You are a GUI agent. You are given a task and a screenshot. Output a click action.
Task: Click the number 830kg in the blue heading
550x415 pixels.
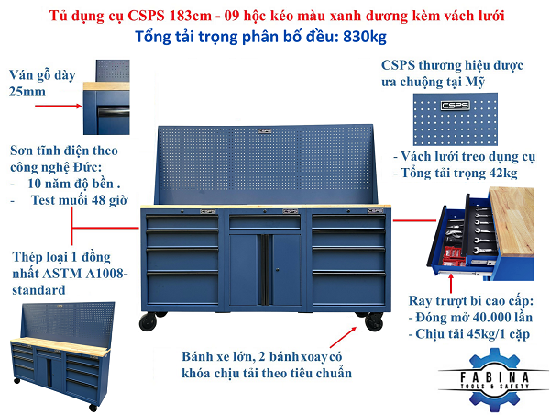tap(365, 38)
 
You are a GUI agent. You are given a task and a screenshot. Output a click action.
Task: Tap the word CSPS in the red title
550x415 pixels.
tap(147, 16)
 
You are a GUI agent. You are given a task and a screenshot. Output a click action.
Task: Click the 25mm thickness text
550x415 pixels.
tap(27, 92)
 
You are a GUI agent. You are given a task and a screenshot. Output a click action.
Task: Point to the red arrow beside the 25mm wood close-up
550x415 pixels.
tap(58, 106)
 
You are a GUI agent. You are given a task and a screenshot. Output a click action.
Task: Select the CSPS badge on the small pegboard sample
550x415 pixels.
tap(455, 105)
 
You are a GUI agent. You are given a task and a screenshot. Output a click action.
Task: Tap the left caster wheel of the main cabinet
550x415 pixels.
tap(148, 322)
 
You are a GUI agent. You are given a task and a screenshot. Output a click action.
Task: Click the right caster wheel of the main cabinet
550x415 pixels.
tap(374, 321)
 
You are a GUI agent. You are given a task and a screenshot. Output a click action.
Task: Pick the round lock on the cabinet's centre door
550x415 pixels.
tap(278, 270)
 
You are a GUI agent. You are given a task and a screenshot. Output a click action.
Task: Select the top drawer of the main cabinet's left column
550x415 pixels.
tap(182, 222)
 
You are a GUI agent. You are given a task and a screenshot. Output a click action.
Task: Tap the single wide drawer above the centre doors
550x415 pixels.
tap(265, 222)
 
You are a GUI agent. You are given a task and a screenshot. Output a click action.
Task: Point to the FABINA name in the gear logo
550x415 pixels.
tap(494, 377)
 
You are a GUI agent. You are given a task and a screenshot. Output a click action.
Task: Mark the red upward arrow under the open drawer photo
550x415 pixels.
tap(451, 283)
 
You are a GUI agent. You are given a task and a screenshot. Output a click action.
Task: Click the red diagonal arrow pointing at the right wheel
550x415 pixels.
tap(343, 338)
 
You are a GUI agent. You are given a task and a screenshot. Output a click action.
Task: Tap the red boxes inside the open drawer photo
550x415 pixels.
tap(454, 255)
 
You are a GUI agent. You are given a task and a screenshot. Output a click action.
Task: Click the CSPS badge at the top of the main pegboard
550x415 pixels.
tap(265, 131)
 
